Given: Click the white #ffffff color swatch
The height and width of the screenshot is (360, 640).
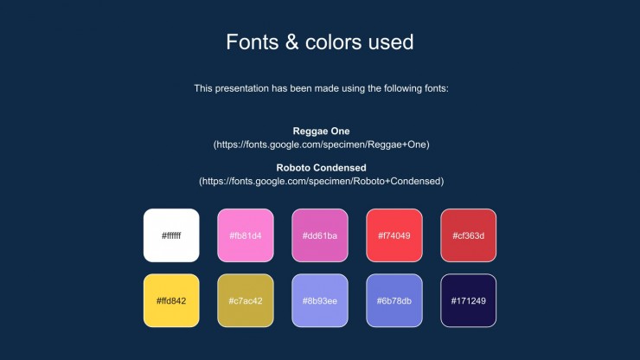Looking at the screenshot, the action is pos(171,235).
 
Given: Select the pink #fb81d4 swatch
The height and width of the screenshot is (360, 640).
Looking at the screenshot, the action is pos(246,235).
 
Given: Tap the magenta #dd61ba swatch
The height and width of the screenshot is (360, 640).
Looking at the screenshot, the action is pos(320,235).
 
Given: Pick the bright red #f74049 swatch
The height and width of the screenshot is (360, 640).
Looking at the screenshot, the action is pos(394,235).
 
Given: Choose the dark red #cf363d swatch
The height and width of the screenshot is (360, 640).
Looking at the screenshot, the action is pos(469,235).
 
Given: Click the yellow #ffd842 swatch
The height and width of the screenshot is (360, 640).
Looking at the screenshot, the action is pos(171,300).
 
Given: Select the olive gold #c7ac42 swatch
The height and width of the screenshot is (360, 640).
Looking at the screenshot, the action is pos(246,300).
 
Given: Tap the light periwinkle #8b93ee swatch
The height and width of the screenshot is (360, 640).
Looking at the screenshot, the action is pos(320,300).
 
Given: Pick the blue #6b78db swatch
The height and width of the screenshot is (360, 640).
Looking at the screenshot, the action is pos(394,300).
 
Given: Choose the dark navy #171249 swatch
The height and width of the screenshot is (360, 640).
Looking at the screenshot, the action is pos(469,300).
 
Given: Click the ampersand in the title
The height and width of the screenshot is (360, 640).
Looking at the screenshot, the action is pos(291,42).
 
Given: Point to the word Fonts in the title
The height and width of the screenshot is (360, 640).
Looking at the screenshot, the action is pos(253,42).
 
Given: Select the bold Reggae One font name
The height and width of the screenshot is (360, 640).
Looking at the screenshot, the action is pos(321,132).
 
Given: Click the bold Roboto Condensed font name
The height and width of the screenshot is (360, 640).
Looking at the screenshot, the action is pos(321,168).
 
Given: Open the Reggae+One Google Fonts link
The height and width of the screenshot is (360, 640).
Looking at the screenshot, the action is pos(321,145).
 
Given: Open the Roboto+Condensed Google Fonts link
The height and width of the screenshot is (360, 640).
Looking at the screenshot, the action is pos(321,181).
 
